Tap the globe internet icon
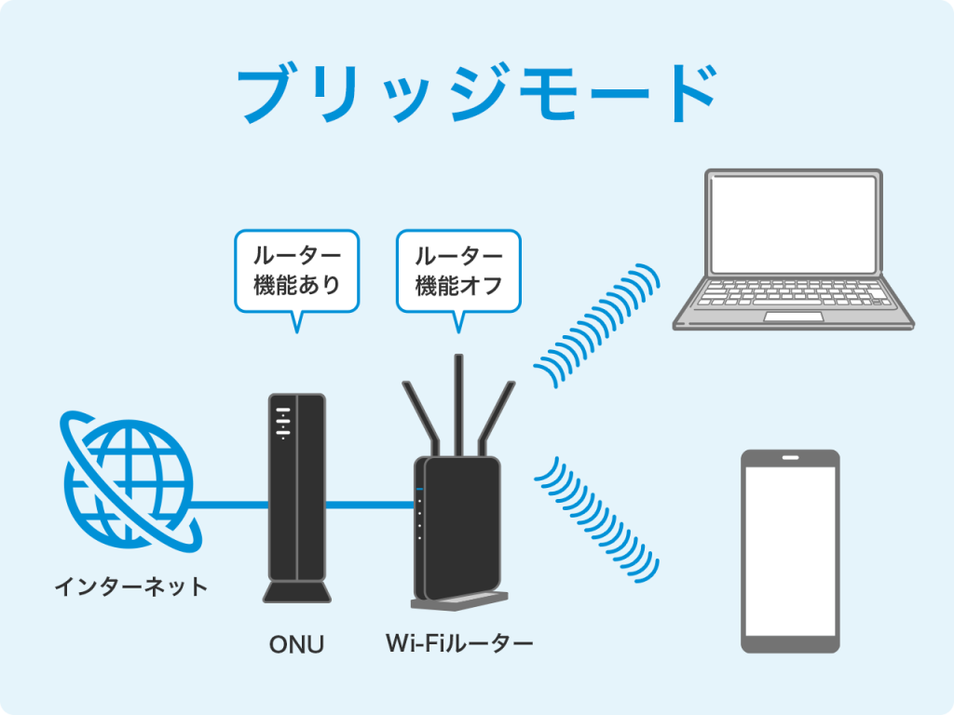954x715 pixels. pos(128,479)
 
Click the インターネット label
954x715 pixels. pos(130,587)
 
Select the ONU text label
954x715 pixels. pos(296,643)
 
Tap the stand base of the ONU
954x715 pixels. pos(296,593)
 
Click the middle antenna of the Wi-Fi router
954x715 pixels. pos(458,400)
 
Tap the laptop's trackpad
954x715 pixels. pos(794,317)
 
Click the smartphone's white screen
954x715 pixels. pos(790,549)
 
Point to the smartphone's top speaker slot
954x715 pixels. pos(790,458)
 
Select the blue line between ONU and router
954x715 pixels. pos(370,506)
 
